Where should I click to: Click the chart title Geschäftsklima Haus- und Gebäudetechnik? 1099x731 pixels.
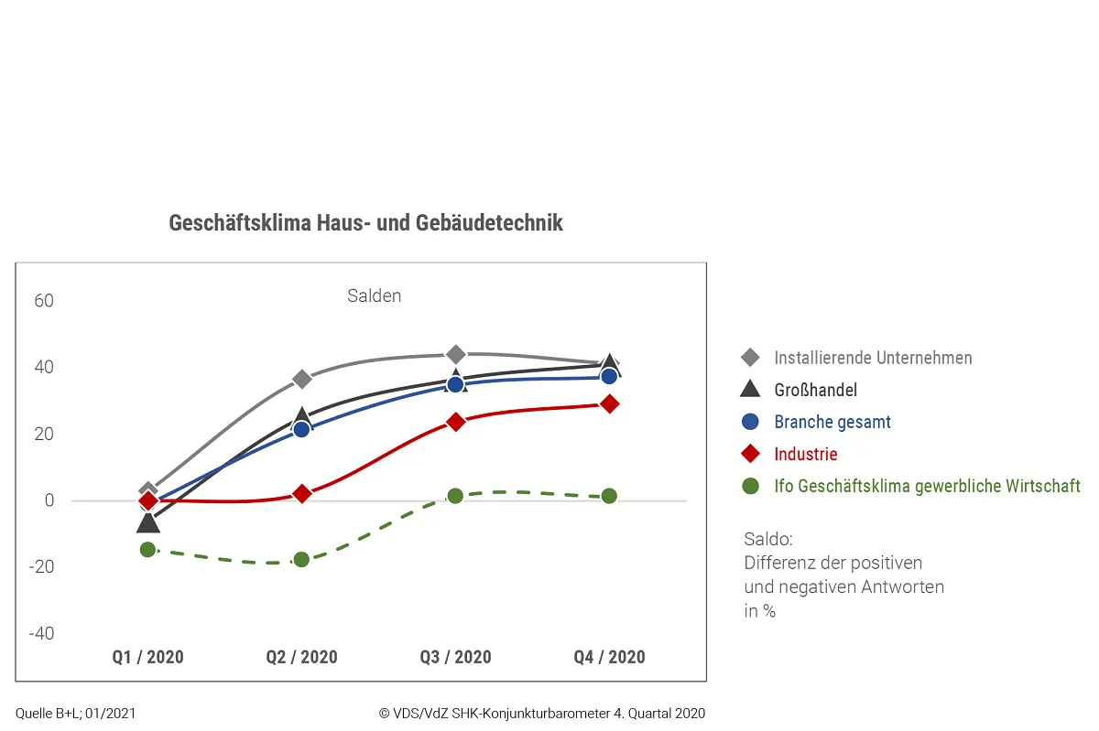coord(365,223)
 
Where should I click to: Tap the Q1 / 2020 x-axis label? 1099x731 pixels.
coord(147,657)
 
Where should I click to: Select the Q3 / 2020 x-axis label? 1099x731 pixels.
coord(455,657)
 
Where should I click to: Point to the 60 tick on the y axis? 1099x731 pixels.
coord(43,301)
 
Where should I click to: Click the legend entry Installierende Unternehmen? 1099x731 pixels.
coord(872,358)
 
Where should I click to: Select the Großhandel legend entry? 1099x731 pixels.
coord(815,390)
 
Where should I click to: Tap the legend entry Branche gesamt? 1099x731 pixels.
coord(832,422)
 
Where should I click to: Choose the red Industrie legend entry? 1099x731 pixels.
coord(805,454)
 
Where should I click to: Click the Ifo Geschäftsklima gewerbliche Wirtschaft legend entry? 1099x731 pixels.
coord(927,486)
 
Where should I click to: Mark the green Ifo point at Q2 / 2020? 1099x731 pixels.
coord(301,559)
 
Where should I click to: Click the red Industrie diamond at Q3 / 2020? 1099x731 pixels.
coord(455,422)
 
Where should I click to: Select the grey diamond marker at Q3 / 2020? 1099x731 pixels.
coord(455,355)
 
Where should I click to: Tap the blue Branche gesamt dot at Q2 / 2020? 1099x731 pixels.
coord(301,429)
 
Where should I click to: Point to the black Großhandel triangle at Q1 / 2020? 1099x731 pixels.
coord(147,522)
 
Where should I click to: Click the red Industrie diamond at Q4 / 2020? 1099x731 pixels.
coord(609,403)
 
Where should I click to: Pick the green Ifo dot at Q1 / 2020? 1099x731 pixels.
coord(147,549)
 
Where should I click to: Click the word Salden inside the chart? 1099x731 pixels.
coord(374,296)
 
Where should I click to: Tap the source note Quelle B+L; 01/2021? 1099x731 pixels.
coord(75,714)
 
